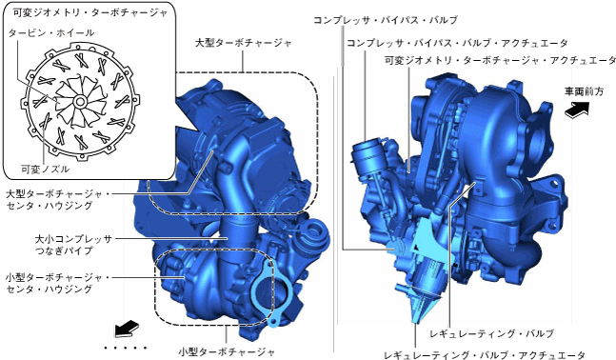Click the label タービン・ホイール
[51, 32]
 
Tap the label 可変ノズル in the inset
[45, 170]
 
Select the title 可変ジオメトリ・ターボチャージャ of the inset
[90, 13]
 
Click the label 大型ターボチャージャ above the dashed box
[244, 43]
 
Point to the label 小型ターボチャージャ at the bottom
[227, 351]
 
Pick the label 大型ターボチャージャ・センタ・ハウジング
[58, 200]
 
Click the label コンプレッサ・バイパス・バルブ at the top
[386, 20]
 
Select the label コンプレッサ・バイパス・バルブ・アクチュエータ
[457, 43]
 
